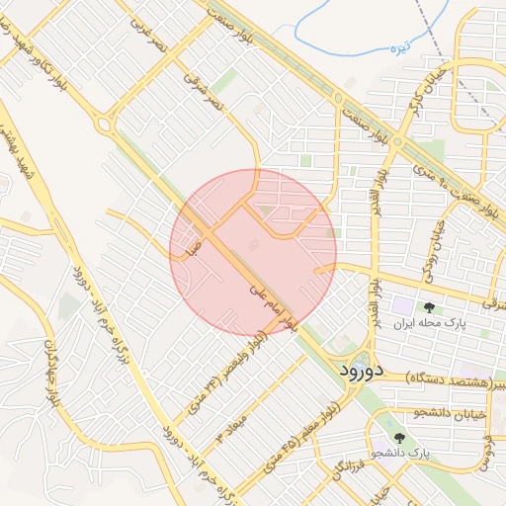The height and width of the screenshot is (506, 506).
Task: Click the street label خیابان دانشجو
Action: coord(453,415)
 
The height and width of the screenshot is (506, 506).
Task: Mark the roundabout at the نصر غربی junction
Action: coord(104,125)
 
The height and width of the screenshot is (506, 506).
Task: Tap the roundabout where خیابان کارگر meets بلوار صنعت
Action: coord(396,142)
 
